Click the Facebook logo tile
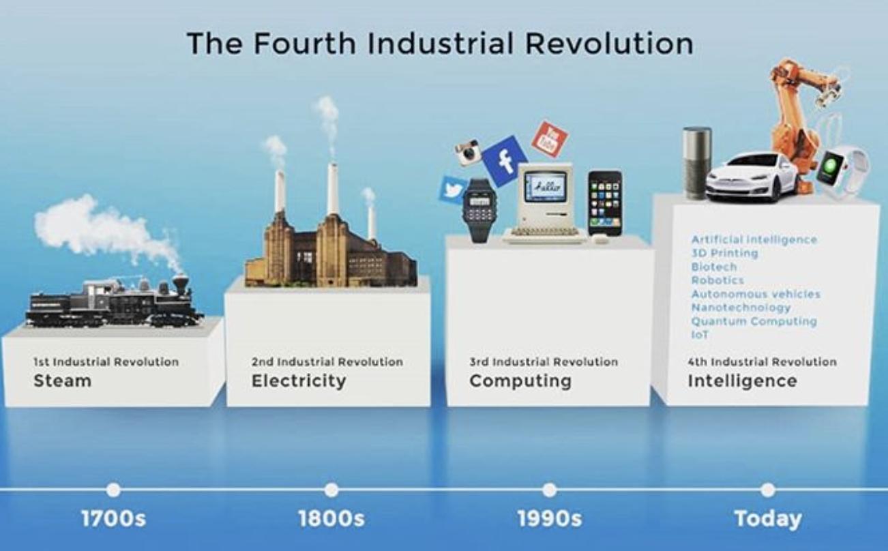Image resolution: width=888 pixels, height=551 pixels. point(505,161)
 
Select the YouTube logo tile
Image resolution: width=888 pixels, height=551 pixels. point(550,140)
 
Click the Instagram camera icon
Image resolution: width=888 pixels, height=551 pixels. point(468,152)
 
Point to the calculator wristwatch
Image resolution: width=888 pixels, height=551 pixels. point(479,210)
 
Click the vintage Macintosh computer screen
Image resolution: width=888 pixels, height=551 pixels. point(546,188)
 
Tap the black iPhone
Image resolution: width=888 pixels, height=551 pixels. point(604,203)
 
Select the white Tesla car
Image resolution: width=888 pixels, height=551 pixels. point(752,177)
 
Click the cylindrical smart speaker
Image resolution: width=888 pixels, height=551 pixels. point(696,162)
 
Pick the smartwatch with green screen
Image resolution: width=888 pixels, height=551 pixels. point(840,173)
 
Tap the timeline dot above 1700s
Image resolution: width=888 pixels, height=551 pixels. point(113,490)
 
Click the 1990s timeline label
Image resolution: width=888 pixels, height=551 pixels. point(550,519)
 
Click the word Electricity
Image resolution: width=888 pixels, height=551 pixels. point(299,381)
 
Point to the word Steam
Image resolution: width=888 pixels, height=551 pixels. point(63,381)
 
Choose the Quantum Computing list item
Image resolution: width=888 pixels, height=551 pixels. point(754,321)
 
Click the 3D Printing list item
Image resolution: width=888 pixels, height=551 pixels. point(725,253)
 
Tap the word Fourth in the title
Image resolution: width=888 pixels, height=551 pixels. point(304,43)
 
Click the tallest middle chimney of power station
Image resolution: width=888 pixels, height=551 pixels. point(333,190)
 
